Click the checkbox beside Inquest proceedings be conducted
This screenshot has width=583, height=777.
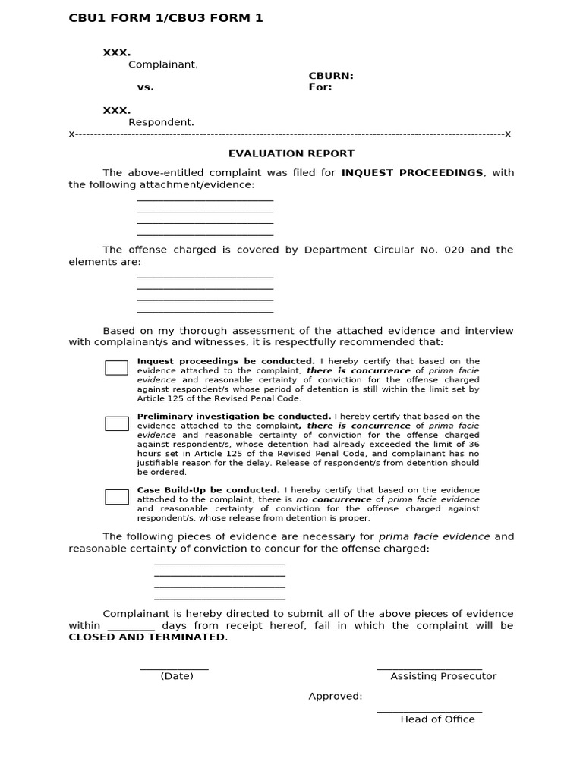116,368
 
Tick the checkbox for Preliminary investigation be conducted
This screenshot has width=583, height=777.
116,423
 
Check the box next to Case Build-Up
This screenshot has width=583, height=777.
116,497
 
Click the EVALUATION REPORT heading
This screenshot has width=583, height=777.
291,153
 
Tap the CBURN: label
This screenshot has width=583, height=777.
331,76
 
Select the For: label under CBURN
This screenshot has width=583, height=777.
320,87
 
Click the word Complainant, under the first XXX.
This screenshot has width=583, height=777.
162,64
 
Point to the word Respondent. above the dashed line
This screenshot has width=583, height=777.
161,122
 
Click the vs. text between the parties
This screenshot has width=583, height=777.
145,87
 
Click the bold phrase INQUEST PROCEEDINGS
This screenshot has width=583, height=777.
412,173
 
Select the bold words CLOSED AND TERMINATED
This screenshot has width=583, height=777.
147,637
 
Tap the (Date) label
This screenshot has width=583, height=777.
177,676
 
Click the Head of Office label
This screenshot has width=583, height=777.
437,719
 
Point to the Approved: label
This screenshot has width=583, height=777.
335,697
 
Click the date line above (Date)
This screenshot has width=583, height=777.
174,668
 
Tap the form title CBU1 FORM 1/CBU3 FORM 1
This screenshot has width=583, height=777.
166,18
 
